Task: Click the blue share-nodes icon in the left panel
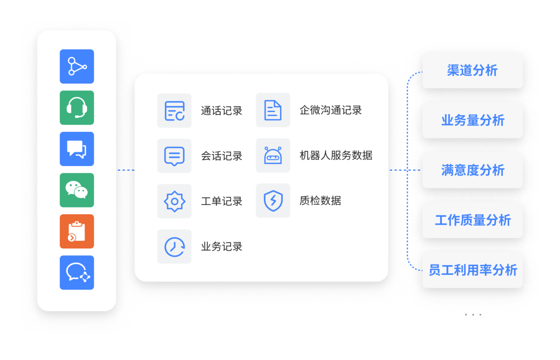tap(77, 66)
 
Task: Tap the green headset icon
tap(77, 107)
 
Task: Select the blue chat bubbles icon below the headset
tap(77, 149)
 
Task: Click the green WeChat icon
tap(77, 190)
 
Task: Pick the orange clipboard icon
tap(77, 231)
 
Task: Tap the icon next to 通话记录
tap(174, 110)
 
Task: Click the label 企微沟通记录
tap(330, 110)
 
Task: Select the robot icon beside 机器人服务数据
tap(273, 156)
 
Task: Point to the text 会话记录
tap(221, 156)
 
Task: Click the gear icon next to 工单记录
tap(174, 201)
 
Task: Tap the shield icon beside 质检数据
tap(273, 201)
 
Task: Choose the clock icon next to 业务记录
tap(174, 246)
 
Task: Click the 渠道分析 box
tap(472, 71)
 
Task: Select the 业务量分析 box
tap(472, 120)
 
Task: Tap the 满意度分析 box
tap(472, 170)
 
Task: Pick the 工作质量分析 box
tap(472, 220)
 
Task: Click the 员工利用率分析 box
tap(472, 270)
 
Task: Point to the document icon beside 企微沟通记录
tap(273, 110)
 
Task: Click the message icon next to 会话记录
tap(174, 156)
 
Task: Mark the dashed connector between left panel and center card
tap(125, 170)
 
